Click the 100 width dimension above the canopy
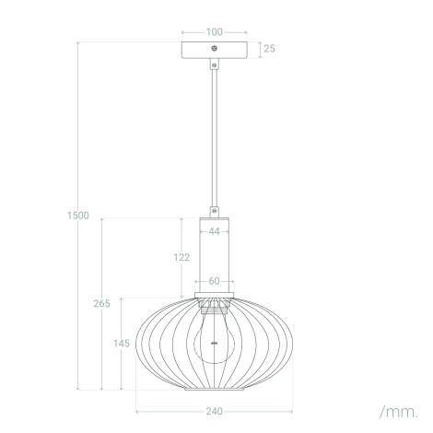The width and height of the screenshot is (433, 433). (x=214, y=31)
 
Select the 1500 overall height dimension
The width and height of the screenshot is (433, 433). (x=79, y=216)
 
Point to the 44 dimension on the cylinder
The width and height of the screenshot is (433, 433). (x=214, y=232)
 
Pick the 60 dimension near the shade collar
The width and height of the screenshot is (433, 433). (x=214, y=281)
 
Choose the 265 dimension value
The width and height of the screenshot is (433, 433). (x=103, y=303)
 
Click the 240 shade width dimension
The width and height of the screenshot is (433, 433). (x=214, y=411)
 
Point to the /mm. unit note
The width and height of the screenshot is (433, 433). (x=397, y=409)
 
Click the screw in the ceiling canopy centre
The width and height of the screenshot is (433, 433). (x=214, y=47)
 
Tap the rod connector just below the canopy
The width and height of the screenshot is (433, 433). (x=214, y=64)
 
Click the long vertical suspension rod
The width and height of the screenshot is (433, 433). (x=214, y=138)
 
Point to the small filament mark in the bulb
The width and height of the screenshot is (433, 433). (x=214, y=342)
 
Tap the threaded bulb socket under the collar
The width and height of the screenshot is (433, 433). (x=214, y=308)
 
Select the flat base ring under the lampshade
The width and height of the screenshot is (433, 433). (x=214, y=388)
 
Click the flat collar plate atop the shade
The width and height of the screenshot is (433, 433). (x=214, y=296)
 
